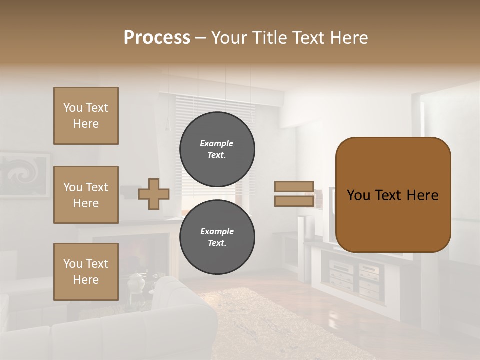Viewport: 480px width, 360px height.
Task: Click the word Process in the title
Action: point(157,38)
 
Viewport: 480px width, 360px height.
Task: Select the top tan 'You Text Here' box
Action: point(86,116)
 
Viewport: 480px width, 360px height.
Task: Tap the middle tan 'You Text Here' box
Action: point(86,195)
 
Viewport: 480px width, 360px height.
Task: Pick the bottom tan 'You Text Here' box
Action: point(86,272)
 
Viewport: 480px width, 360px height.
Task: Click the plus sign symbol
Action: point(154,194)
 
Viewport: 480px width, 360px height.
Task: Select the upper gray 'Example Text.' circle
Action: point(217,149)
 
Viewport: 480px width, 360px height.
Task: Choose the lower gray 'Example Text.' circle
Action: point(217,237)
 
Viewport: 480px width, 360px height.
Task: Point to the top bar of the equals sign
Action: point(294,186)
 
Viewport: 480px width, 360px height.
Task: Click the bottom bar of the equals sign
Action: point(294,201)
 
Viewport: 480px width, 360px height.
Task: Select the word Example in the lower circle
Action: point(217,231)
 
